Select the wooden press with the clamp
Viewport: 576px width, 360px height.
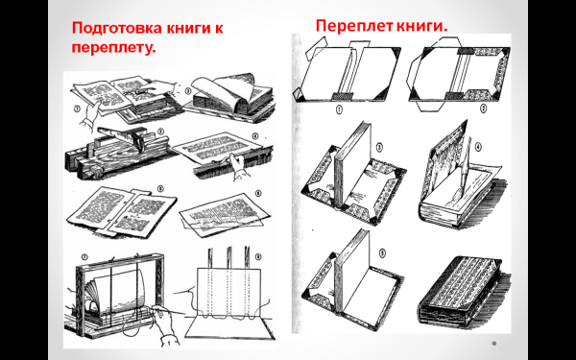pos(120,153)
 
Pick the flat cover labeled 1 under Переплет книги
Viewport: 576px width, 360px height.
pos(348,72)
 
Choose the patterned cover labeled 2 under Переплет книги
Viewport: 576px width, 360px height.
pos(463,72)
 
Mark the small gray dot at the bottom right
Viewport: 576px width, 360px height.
pos(494,344)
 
